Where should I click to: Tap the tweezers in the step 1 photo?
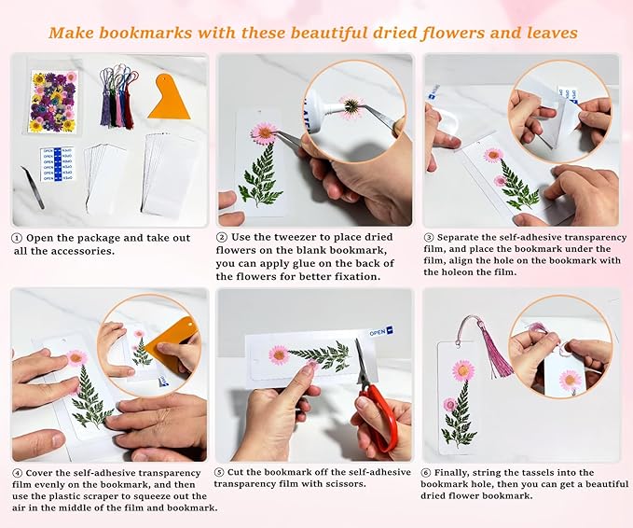click(x=34, y=188)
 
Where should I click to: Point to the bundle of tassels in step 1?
click(x=117, y=98)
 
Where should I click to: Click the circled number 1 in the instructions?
click(x=17, y=238)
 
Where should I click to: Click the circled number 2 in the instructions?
click(x=222, y=237)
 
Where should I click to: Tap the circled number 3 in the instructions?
click(x=429, y=238)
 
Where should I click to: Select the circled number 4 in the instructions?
click(x=17, y=472)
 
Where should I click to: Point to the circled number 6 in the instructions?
click(x=429, y=472)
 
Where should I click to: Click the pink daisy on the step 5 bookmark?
click(x=278, y=354)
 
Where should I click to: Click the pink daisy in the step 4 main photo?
click(x=76, y=357)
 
